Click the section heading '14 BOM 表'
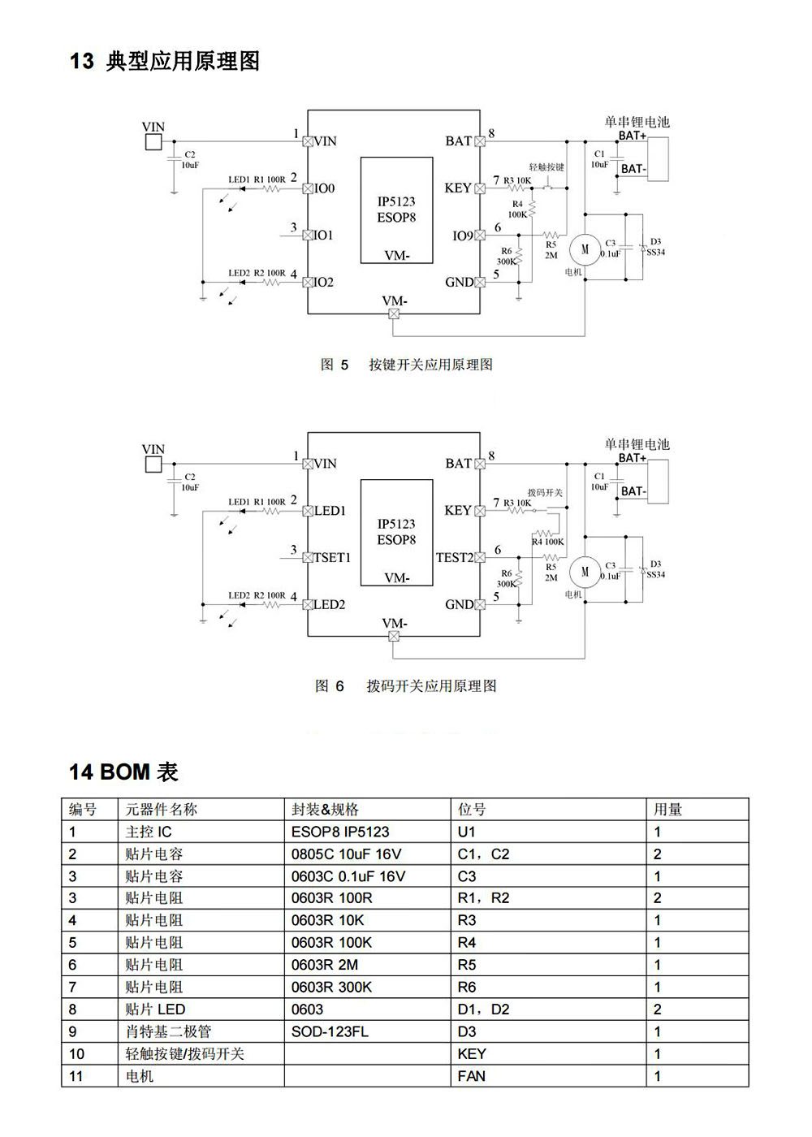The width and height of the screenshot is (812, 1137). (x=123, y=772)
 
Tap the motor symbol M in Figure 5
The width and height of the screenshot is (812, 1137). (x=585, y=249)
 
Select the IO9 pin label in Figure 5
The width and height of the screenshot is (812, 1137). (x=462, y=236)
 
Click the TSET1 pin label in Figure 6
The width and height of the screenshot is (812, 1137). (x=332, y=558)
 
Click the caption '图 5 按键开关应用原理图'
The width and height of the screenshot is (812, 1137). (x=406, y=365)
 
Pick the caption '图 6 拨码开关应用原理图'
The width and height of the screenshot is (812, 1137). (x=406, y=686)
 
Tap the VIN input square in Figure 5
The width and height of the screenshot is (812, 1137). (x=153, y=142)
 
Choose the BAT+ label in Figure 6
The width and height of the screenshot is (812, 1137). (x=633, y=458)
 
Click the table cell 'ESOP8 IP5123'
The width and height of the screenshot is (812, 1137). (x=340, y=832)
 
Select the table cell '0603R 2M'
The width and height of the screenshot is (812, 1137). (x=325, y=965)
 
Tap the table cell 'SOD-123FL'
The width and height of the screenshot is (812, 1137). (x=330, y=1031)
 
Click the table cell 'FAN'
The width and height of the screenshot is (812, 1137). (x=472, y=1076)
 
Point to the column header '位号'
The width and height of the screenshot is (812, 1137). (x=472, y=809)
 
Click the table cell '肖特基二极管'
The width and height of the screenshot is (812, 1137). (x=168, y=1031)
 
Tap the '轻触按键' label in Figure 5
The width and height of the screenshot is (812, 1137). (x=546, y=167)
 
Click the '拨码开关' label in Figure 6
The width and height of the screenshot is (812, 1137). (x=545, y=493)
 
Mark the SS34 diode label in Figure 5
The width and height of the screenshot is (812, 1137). (x=655, y=253)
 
